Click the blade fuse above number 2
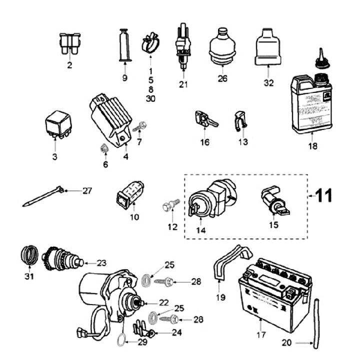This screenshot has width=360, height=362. (x=69, y=44)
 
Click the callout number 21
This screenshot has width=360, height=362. (x=183, y=84)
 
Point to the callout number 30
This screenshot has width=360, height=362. (x=150, y=99)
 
